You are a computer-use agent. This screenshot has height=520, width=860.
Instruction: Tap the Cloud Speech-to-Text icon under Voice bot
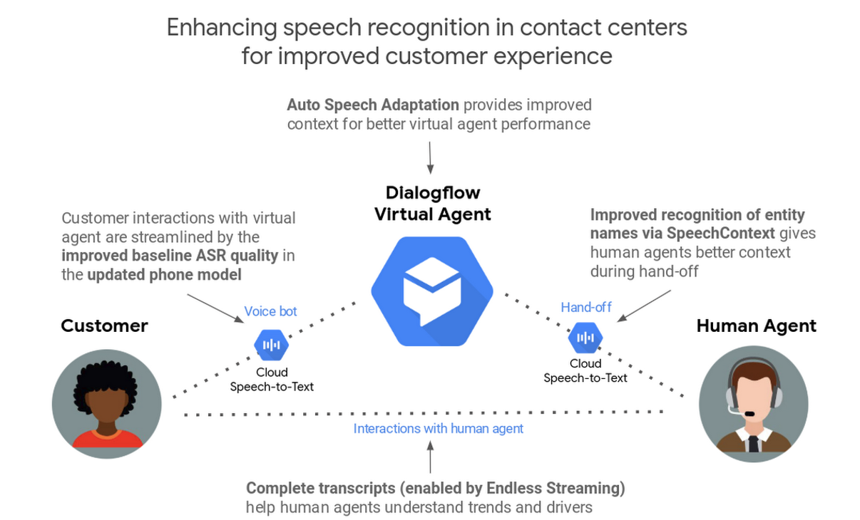click(x=271, y=345)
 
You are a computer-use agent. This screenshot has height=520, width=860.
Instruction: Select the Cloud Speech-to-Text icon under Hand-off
click(x=585, y=338)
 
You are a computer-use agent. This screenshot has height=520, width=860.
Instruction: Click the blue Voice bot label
click(x=270, y=311)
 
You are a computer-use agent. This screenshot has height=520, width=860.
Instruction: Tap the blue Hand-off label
click(x=585, y=307)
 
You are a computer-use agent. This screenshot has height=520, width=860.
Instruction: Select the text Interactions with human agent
click(x=438, y=429)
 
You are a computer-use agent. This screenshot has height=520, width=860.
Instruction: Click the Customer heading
click(x=104, y=326)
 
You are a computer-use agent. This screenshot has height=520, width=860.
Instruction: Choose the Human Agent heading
click(x=756, y=326)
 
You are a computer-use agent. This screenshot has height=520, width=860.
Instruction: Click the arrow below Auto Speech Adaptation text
click(x=430, y=157)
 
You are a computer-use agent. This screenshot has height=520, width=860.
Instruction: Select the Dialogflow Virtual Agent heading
click(x=433, y=203)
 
